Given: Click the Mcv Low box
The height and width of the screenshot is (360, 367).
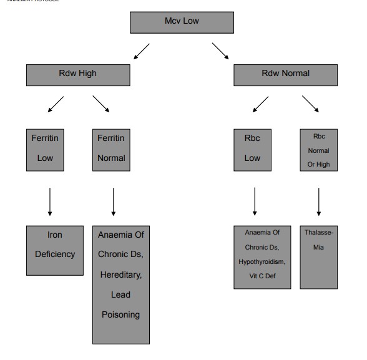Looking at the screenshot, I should [x=182, y=22].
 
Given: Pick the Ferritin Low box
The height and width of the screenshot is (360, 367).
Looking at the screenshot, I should [x=44, y=149].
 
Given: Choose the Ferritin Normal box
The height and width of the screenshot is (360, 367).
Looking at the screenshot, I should [x=110, y=149].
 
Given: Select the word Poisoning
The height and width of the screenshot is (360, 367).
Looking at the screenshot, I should [x=121, y=314].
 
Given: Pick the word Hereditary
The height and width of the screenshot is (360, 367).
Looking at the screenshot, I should [x=121, y=275].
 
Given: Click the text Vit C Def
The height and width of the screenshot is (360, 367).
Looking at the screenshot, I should [x=262, y=272].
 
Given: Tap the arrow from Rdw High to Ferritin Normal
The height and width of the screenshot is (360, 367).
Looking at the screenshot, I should [x=101, y=104].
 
